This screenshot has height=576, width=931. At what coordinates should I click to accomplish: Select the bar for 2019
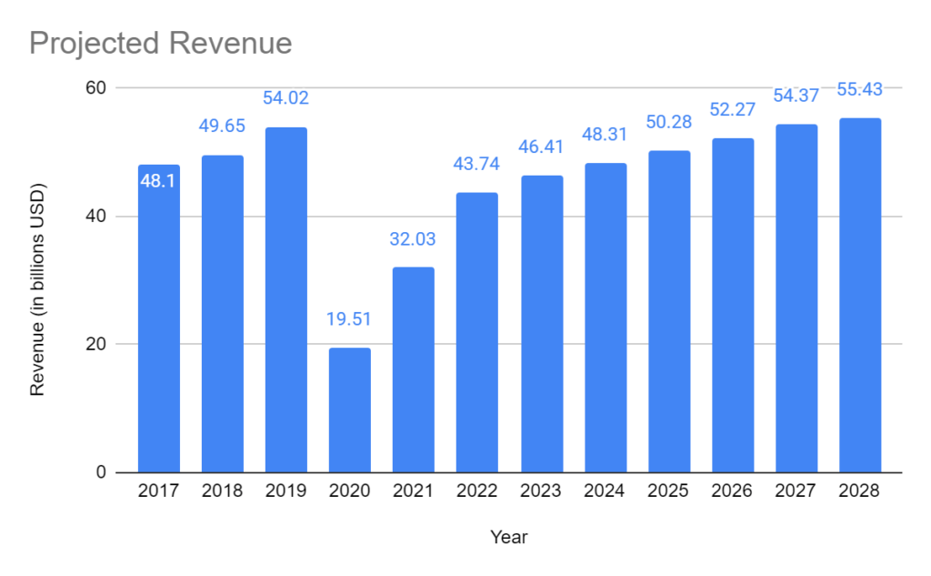(x=286, y=300)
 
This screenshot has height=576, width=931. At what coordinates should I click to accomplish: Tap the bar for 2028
(x=860, y=296)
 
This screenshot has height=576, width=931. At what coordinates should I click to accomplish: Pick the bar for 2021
(x=414, y=369)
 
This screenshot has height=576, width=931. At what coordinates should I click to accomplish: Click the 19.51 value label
(x=350, y=319)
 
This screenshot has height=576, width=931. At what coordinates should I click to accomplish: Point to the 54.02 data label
(x=286, y=98)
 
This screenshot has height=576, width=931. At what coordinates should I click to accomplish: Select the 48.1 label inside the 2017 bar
(x=159, y=182)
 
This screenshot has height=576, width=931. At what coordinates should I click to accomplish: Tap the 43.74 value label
(x=477, y=165)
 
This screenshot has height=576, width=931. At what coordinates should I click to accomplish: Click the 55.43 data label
(x=860, y=90)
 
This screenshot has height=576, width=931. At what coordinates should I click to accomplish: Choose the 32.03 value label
(x=414, y=239)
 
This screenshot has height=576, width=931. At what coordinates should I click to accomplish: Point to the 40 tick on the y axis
(x=96, y=217)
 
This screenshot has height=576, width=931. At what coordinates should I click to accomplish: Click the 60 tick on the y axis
(x=96, y=88)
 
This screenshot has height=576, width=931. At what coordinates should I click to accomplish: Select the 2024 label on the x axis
(x=605, y=491)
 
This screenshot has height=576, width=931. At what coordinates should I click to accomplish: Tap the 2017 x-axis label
(x=159, y=491)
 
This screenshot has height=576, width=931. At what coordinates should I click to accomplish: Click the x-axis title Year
(x=509, y=537)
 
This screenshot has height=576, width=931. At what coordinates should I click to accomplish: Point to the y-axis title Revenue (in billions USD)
(x=37, y=290)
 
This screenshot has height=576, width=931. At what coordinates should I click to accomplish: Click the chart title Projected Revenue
(x=161, y=43)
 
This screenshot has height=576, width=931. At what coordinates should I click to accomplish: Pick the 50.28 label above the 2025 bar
(x=668, y=123)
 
